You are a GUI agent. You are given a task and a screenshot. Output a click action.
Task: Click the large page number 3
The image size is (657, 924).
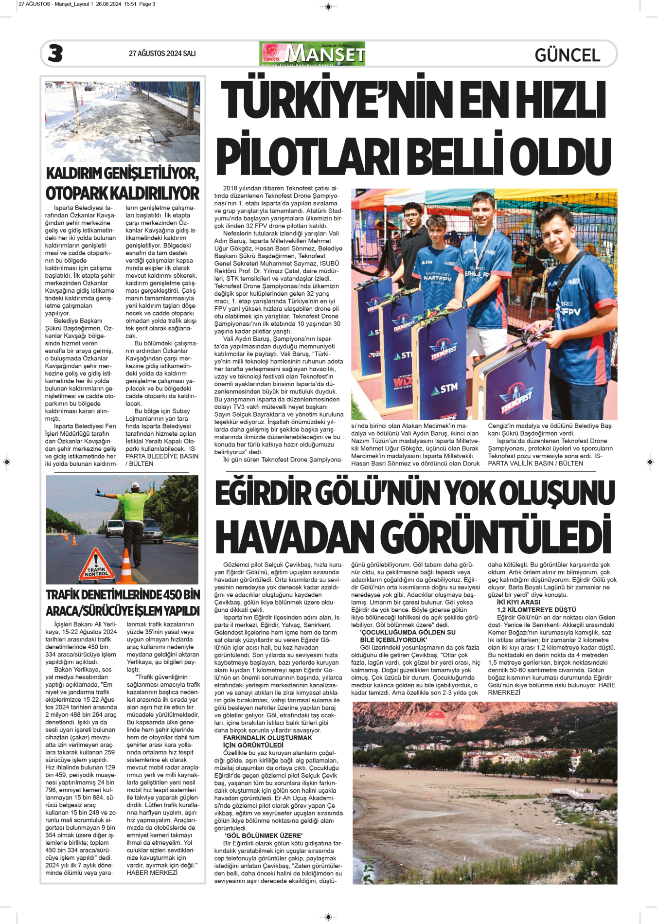coord(55,53)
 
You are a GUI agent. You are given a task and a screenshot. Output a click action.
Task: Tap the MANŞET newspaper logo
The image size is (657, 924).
coord(313,53)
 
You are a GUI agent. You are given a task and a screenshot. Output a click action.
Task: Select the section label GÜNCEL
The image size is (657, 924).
coord(567,55)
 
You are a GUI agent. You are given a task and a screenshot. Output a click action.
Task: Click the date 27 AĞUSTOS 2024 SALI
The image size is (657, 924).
coord(162,53)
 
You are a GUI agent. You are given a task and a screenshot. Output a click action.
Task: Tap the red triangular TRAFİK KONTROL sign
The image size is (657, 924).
coord(96,567)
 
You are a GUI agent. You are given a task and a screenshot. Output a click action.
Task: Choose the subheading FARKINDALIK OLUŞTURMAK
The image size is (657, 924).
coord(267,738)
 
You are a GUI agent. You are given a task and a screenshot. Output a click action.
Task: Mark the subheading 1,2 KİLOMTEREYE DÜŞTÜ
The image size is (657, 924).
coord(536,610)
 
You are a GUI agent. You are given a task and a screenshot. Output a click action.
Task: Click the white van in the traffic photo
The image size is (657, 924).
coord(114,528)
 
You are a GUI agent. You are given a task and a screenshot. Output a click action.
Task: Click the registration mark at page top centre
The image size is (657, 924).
coord(328,7)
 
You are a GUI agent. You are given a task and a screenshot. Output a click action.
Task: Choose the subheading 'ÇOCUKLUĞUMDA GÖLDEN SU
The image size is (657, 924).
coord(408,632)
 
